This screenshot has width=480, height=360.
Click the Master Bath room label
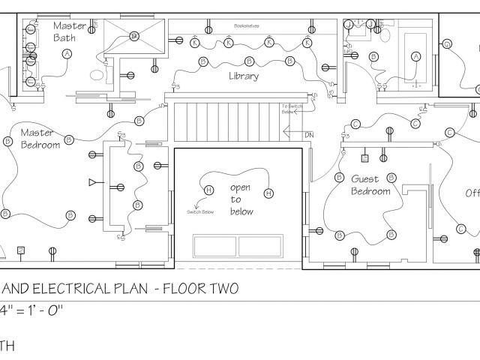pos(68,31)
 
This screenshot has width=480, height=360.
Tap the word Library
pos(244,76)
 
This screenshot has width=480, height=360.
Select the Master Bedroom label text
pos(40,136)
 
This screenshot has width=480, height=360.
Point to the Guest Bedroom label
pos(371,185)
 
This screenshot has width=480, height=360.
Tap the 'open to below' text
pos(241,199)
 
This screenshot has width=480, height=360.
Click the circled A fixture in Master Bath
pos(67,54)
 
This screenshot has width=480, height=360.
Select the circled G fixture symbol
pos(447,45)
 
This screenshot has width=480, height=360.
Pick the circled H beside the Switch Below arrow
pos(208,189)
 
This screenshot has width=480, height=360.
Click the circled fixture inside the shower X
pos(133,35)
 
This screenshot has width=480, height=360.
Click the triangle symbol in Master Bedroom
pos(91,182)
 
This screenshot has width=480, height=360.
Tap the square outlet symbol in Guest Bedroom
pos(364,159)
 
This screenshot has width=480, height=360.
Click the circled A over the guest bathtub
pos(415,55)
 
